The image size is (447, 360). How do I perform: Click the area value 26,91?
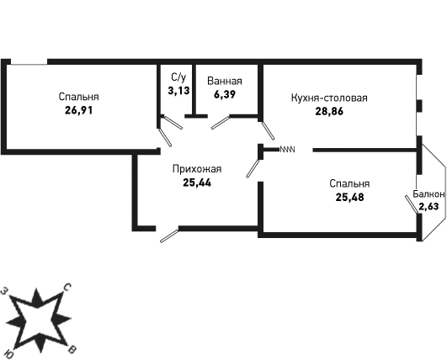(x=78, y=110)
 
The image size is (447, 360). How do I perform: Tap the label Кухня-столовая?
(x=329, y=98)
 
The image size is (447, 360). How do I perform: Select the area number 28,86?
(x=329, y=111)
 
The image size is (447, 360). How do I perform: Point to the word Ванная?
(x=225, y=82)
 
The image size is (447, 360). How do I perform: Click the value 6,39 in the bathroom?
(x=225, y=94)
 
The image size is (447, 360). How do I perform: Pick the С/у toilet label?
(x=178, y=77)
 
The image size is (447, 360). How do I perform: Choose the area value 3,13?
(x=178, y=91)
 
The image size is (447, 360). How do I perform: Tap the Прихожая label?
(x=197, y=169)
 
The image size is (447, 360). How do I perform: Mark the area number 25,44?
(x=197, y=183)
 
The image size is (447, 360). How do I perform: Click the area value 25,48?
(x=350, y=197)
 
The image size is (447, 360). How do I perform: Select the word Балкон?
(x=428, y=194)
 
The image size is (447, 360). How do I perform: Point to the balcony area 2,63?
(x=428, y=206)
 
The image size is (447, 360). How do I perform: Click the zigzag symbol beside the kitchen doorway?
(x=287, y=149)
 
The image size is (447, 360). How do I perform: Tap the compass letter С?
(x=67, y=288)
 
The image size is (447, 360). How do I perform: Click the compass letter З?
(x=4, y=291)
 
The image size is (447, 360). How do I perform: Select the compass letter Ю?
(x=9, y=354)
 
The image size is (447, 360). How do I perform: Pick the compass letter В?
(x=72, y=350)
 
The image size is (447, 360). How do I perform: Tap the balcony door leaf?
(x=412, y=204)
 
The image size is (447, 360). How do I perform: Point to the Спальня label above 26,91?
(x=78, y=97)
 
